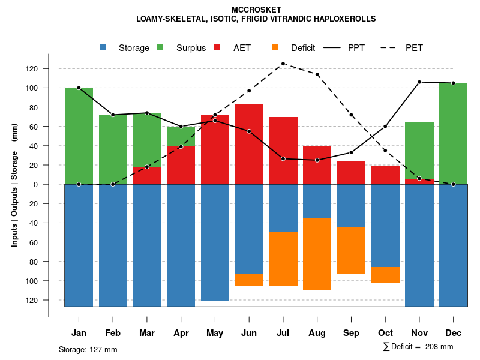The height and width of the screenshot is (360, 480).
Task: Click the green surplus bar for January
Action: [x=79, y=136]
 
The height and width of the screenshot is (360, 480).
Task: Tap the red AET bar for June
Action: [x=249, y=144]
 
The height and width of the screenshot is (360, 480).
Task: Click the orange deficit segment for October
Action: [x=385, y=275]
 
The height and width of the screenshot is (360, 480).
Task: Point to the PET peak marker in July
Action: [x=283, y=64]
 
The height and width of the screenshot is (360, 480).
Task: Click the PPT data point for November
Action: [x=419, y=82]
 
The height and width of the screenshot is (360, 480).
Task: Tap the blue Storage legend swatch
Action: [x=103, y=48]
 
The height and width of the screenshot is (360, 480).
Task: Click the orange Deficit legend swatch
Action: [x=275, y=48]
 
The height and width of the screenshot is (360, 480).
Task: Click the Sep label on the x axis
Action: [x=351, y=333]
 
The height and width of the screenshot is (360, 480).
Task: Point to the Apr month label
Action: [x=181, y=333]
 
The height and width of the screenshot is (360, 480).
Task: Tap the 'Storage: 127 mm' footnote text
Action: [x=88, y=349]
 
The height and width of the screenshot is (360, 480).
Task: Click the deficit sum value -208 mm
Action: [x=439, y=347]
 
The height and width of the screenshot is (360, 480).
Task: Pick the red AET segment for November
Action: [x=419, y=181]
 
